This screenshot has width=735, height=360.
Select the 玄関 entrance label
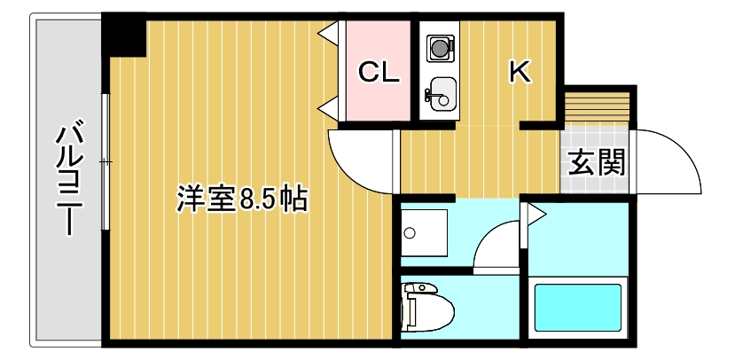point(596,162)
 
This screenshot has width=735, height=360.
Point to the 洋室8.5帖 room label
point(241,199)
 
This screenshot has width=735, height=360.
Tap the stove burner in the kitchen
point(439,45)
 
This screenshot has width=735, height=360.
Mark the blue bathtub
point(577,307)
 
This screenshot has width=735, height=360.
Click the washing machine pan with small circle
point(424,233)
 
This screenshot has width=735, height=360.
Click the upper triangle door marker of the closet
point(327,34)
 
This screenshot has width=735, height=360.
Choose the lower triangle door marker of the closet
point(327,108)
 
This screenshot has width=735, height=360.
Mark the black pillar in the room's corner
point(123,35)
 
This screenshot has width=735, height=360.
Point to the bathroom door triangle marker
point(535,214)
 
